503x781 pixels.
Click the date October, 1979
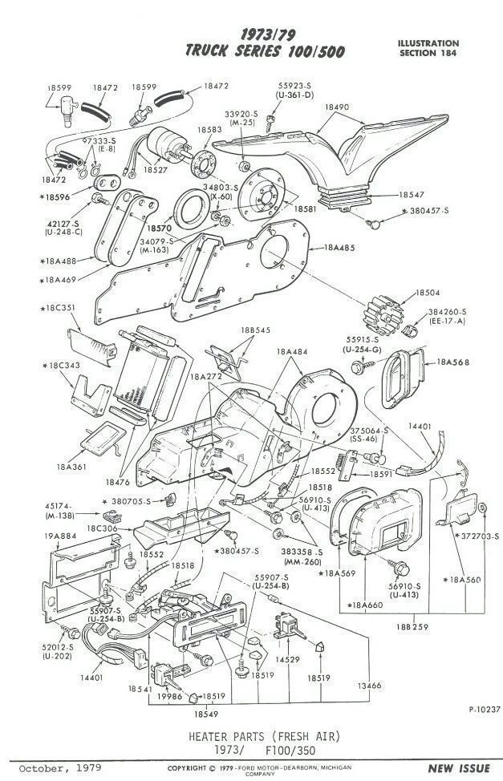coord(53,768)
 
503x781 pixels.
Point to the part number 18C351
coord(58,307)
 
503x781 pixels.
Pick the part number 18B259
coord(410,625)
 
